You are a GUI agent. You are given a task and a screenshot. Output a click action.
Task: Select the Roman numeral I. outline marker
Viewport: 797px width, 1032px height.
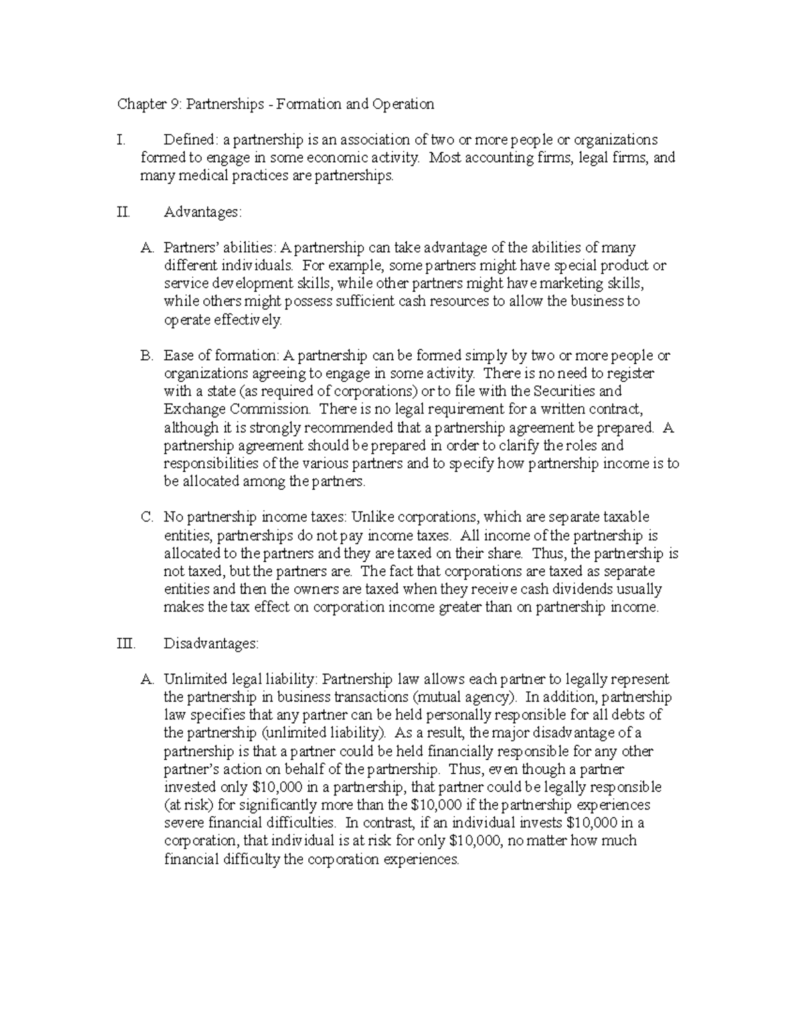coord(120,140)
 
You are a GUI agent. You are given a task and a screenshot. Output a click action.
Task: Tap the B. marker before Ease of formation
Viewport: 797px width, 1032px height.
coord(147,356)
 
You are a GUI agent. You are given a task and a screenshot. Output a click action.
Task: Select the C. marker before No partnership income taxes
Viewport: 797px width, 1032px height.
coord(147,518)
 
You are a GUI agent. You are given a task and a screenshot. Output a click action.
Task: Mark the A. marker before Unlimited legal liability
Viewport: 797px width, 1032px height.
coord(147,680)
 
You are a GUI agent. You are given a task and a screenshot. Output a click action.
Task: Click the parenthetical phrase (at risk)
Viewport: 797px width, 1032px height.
coord(189,805)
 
